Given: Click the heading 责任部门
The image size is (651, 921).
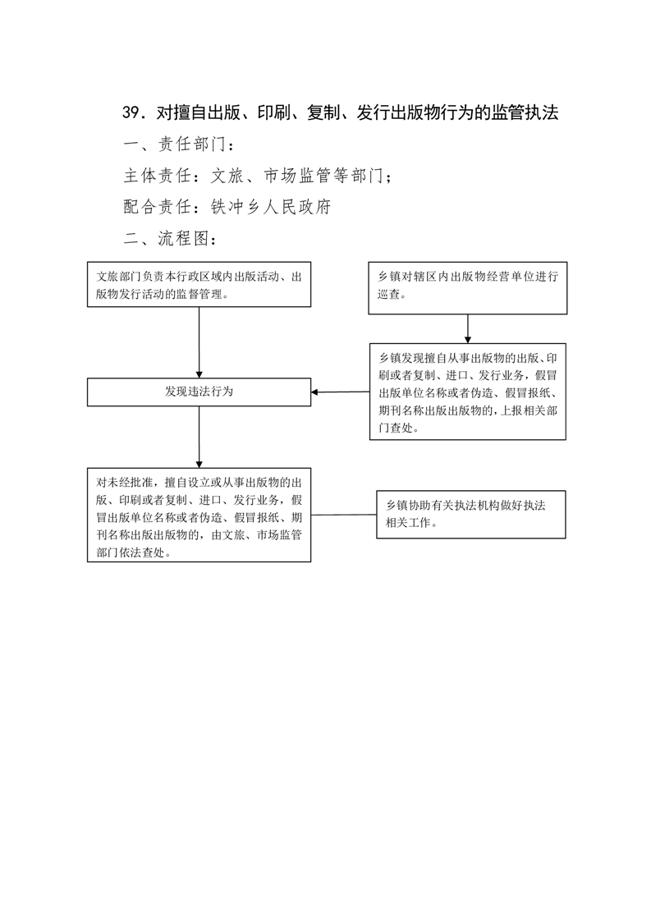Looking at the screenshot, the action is coord(192,144).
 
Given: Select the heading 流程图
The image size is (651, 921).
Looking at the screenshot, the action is coord(183,239).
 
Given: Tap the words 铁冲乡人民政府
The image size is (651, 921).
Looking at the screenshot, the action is coord(271,207).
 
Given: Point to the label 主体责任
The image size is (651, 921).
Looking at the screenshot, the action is coord(158,176).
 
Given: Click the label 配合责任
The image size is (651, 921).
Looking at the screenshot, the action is coord(158,207).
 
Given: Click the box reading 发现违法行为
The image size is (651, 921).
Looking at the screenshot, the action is coord(199,392).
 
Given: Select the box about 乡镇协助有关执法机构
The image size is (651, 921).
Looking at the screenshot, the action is coord(471,515).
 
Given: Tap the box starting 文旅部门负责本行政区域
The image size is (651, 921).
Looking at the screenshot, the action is coord(199,284).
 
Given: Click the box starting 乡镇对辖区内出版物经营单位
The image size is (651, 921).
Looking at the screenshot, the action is coord(468,288).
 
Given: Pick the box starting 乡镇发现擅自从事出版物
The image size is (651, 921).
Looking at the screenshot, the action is coord(468,392).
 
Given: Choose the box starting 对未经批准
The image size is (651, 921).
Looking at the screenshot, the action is coord(199,515).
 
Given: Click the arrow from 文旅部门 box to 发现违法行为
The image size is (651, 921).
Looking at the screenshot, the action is coord(199,342).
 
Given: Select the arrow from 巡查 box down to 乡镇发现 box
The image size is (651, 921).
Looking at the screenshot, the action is coord(468,329).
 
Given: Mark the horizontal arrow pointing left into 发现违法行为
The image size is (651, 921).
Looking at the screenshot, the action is coord(340,392).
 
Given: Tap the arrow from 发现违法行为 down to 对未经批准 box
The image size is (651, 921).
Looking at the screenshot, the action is coord(199,437).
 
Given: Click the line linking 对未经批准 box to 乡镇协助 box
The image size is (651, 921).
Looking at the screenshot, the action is coord(344,515).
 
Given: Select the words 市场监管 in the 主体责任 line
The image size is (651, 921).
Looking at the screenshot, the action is coord(298,176).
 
